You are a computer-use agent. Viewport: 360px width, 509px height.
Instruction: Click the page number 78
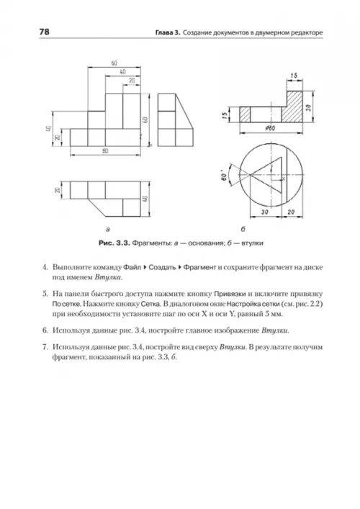click(x=44, y=32)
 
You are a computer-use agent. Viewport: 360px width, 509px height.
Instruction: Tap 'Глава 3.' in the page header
click(x=168, y=33)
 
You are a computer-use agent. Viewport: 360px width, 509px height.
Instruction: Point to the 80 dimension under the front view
click(x=105, y=151)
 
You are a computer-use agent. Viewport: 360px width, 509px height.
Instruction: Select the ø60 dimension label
click(x=270, y=128)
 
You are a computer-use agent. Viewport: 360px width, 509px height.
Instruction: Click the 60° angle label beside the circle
click(x=225, y=177)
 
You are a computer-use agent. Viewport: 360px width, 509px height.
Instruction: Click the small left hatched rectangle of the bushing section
click(x=245, y=114)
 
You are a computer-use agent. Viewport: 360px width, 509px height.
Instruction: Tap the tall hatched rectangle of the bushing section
click(x=292, y=107)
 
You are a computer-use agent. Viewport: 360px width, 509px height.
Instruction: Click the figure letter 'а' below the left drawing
click(x=108, y=230)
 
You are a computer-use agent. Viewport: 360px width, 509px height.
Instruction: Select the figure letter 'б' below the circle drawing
click(x=243, y=229)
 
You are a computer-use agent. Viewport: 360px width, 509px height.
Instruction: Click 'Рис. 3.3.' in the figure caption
click(x=114, y=243)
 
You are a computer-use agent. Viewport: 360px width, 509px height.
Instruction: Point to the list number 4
click(x=45, y=268)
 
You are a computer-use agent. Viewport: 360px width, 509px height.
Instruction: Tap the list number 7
click(x=45, y=347)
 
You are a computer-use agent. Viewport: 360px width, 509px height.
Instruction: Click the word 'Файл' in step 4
click(x=132, y=268)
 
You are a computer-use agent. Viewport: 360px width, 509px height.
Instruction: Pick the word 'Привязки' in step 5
click(x=230, y=294)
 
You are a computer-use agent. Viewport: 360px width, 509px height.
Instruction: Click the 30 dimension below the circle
click(x=265, y=212)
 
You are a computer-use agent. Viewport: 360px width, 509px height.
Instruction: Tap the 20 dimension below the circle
click(x=291, y=212)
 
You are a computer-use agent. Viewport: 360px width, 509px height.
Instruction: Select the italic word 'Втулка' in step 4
click(x=108, y=278)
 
